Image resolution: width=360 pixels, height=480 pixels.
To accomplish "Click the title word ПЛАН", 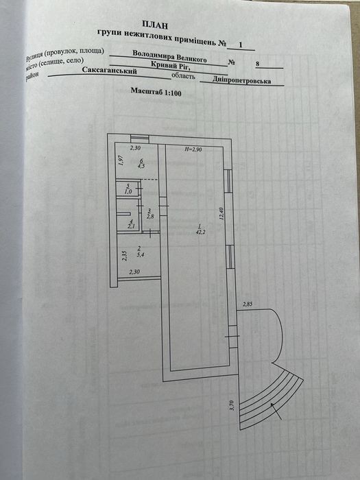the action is [155, 25].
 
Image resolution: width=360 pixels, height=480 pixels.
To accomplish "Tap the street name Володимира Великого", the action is [169, 56].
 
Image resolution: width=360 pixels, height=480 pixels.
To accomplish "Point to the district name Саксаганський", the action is [109, 70].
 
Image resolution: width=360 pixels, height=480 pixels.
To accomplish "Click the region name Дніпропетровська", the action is [242, 81].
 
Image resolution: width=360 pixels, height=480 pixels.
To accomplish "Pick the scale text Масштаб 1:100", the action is [156, 91].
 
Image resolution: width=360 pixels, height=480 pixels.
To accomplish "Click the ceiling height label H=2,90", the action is [193, 149].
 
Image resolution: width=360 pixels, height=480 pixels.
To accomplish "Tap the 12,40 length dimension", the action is [222, 213].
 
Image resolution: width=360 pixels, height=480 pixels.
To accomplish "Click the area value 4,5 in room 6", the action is [141, 167].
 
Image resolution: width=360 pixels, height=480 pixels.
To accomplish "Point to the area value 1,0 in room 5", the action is [128, 191].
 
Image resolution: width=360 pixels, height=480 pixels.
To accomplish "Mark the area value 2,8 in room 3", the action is [149, 217].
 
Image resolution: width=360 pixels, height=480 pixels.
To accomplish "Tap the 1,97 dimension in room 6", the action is [120, 160].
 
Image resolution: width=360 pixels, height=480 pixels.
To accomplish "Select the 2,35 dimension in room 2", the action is [124, 256].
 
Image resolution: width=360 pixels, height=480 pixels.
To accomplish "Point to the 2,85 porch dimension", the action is [248, 304].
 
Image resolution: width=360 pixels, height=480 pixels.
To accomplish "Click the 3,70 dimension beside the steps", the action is [232, 405].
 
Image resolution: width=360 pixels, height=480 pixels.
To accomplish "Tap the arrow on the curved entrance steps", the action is [276, 411].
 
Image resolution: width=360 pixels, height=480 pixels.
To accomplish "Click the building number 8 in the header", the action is [257, 64].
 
